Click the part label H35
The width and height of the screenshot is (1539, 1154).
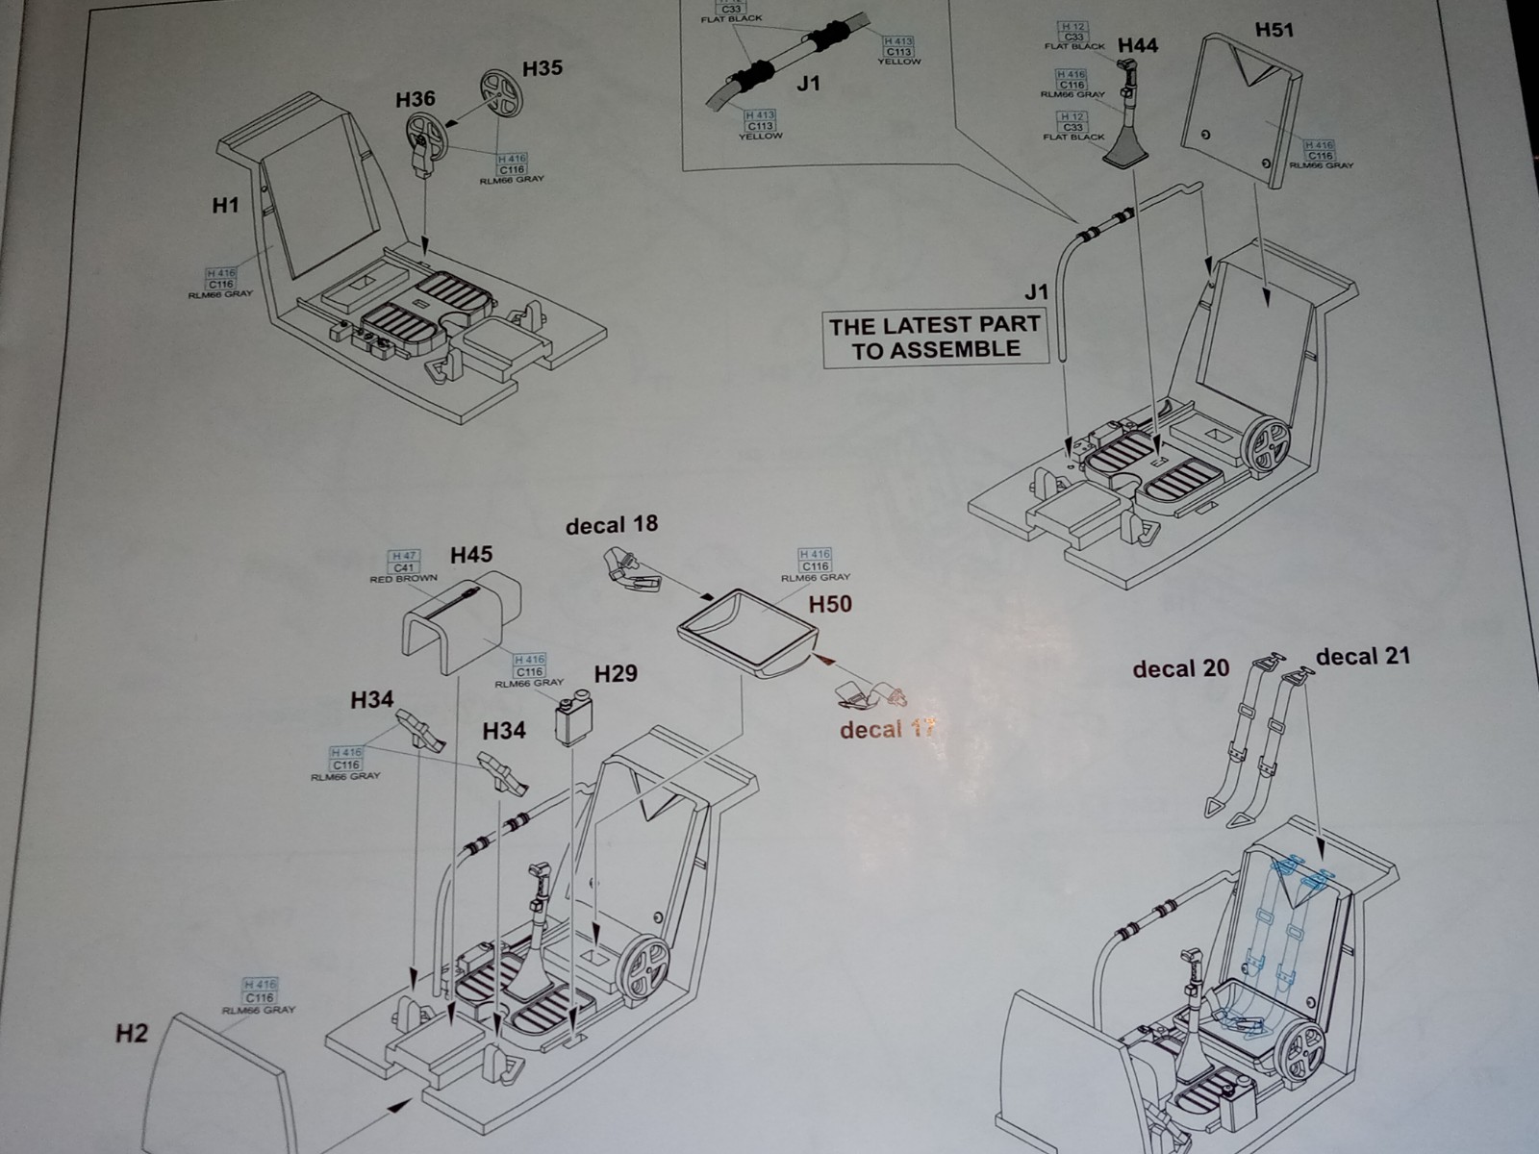(x=542, y=69)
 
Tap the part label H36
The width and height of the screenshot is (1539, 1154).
(x=416, y=99)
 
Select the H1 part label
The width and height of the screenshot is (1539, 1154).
(x=225, y=205)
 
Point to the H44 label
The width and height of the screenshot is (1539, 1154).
(x=1138, y=45)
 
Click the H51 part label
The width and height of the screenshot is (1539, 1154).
(x=1274, y=30)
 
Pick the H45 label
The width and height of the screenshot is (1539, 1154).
(x=471, y=555)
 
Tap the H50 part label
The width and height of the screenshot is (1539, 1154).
(x=830, y=604)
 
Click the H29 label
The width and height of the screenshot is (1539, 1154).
(x=616, y=673)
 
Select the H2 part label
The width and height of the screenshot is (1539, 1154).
(x=133, y=1034)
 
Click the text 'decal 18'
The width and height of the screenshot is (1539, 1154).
(x=612, y=525)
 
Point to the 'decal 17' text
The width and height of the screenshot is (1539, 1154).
(x=887, y=730)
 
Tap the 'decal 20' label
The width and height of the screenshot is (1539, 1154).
(x=1180, y=668)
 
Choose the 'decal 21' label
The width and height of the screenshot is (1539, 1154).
(x=1362, y=657)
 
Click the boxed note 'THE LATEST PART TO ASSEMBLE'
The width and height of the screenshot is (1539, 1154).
(x=935, y=338)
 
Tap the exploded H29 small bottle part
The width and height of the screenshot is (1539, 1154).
(x=575, y=719)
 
